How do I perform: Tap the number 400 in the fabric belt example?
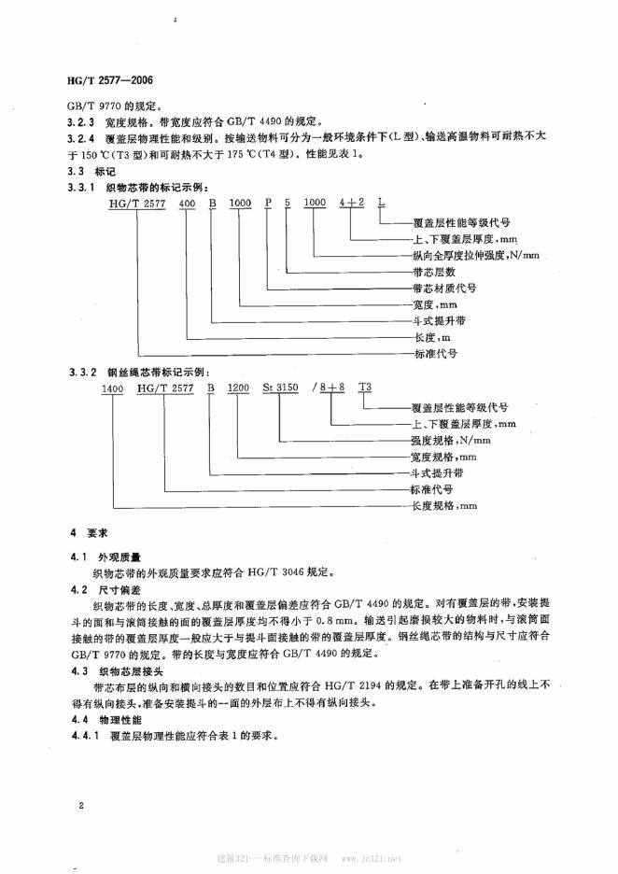(189, 202)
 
